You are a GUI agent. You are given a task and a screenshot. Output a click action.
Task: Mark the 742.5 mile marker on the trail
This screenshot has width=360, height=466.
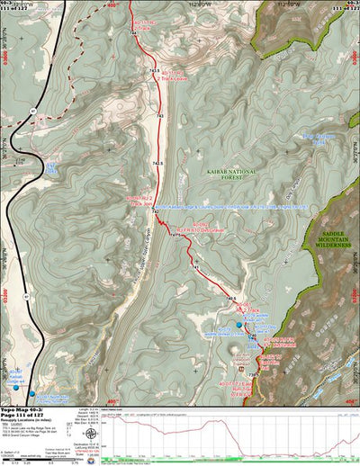tap(157, 163)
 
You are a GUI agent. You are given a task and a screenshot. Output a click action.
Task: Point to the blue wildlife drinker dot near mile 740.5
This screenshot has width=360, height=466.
tap(239, 325)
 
